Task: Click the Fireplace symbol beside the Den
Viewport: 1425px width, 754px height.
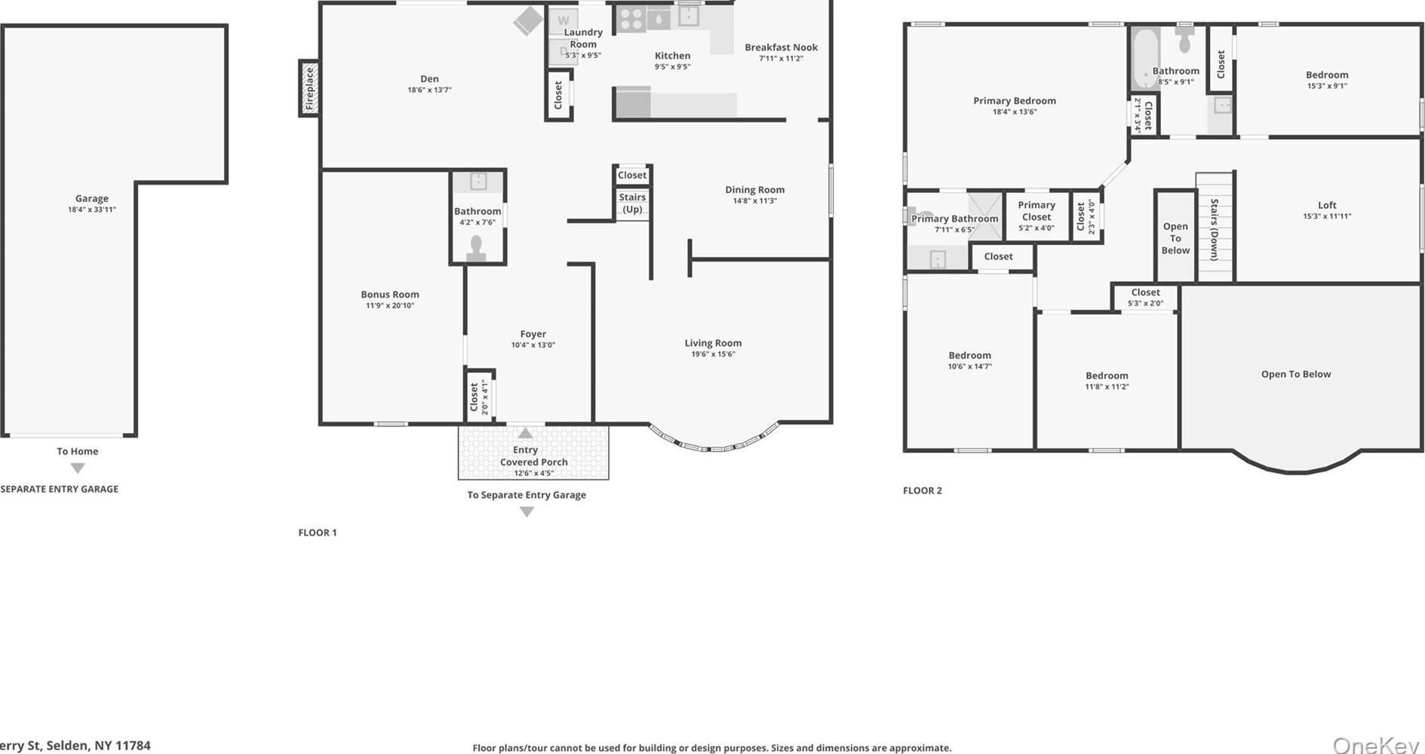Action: pyautogui.click(x=309, y=88)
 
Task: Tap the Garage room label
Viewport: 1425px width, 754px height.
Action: pyautogui.click(x=92, y=199)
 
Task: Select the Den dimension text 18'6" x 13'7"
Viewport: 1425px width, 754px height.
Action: pyautogui.click(x=429, y=90)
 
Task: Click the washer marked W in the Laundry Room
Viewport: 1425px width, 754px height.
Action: pyautogui.click(x=564, y=21)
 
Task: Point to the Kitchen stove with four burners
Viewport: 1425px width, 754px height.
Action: pyautogui.click(x=631, y=19)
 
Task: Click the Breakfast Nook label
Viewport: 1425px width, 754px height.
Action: pyautogui.click(x=781, y=48)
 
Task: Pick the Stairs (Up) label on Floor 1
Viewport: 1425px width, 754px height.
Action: pyautogui.click(x=632, y=203)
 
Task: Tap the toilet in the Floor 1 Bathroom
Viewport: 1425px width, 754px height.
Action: pyautogui.click(x=476, y=248)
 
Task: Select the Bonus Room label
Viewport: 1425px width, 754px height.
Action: pyautogui.click(x=389, y=295)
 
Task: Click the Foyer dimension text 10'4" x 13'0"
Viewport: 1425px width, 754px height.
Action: pyautogui.click(x=533, y=345)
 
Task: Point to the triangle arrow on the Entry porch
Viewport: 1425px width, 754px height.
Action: pyautogui.click(x=525, y=434)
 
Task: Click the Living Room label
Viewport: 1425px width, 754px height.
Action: pyautogui.click(x=713, y=343)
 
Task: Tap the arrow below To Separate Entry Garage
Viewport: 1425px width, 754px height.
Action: pyautogui.click(x=527, y=512)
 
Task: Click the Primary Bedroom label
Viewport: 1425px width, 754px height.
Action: pyautogui.click(x=1014, y=101)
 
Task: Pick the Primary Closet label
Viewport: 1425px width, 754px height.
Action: pyautogui.click(x=1037, y=210)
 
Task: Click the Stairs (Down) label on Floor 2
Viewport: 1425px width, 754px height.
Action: pyautogui.click(x=1215, y=229)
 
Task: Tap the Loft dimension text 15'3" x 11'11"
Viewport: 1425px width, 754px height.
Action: pyautogui.click(x=1327, y=216)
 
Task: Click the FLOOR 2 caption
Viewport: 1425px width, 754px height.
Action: pyautogui.click(x=922, y=491)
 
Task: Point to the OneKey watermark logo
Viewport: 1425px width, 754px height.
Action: pyautogui.click(x=1376, y=744)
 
